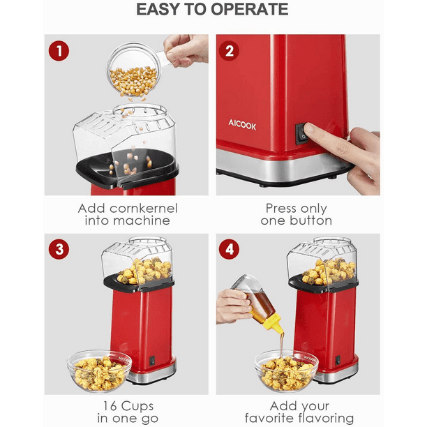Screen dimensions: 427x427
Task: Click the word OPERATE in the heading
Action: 249,9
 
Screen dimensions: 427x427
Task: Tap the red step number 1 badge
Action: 59,51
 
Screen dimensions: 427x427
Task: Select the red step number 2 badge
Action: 230,51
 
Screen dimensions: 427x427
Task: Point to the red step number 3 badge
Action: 59,249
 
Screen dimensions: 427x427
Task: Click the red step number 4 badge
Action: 230,249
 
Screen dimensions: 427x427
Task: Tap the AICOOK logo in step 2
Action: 242,125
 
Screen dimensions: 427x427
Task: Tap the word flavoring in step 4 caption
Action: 326,418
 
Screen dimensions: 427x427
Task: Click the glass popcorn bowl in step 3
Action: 99,371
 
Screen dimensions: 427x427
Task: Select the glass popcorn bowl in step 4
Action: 286,371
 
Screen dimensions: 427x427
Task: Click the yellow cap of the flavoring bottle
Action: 274,323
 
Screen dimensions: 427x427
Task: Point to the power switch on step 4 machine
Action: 338,360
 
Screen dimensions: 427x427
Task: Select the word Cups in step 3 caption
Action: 137,406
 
